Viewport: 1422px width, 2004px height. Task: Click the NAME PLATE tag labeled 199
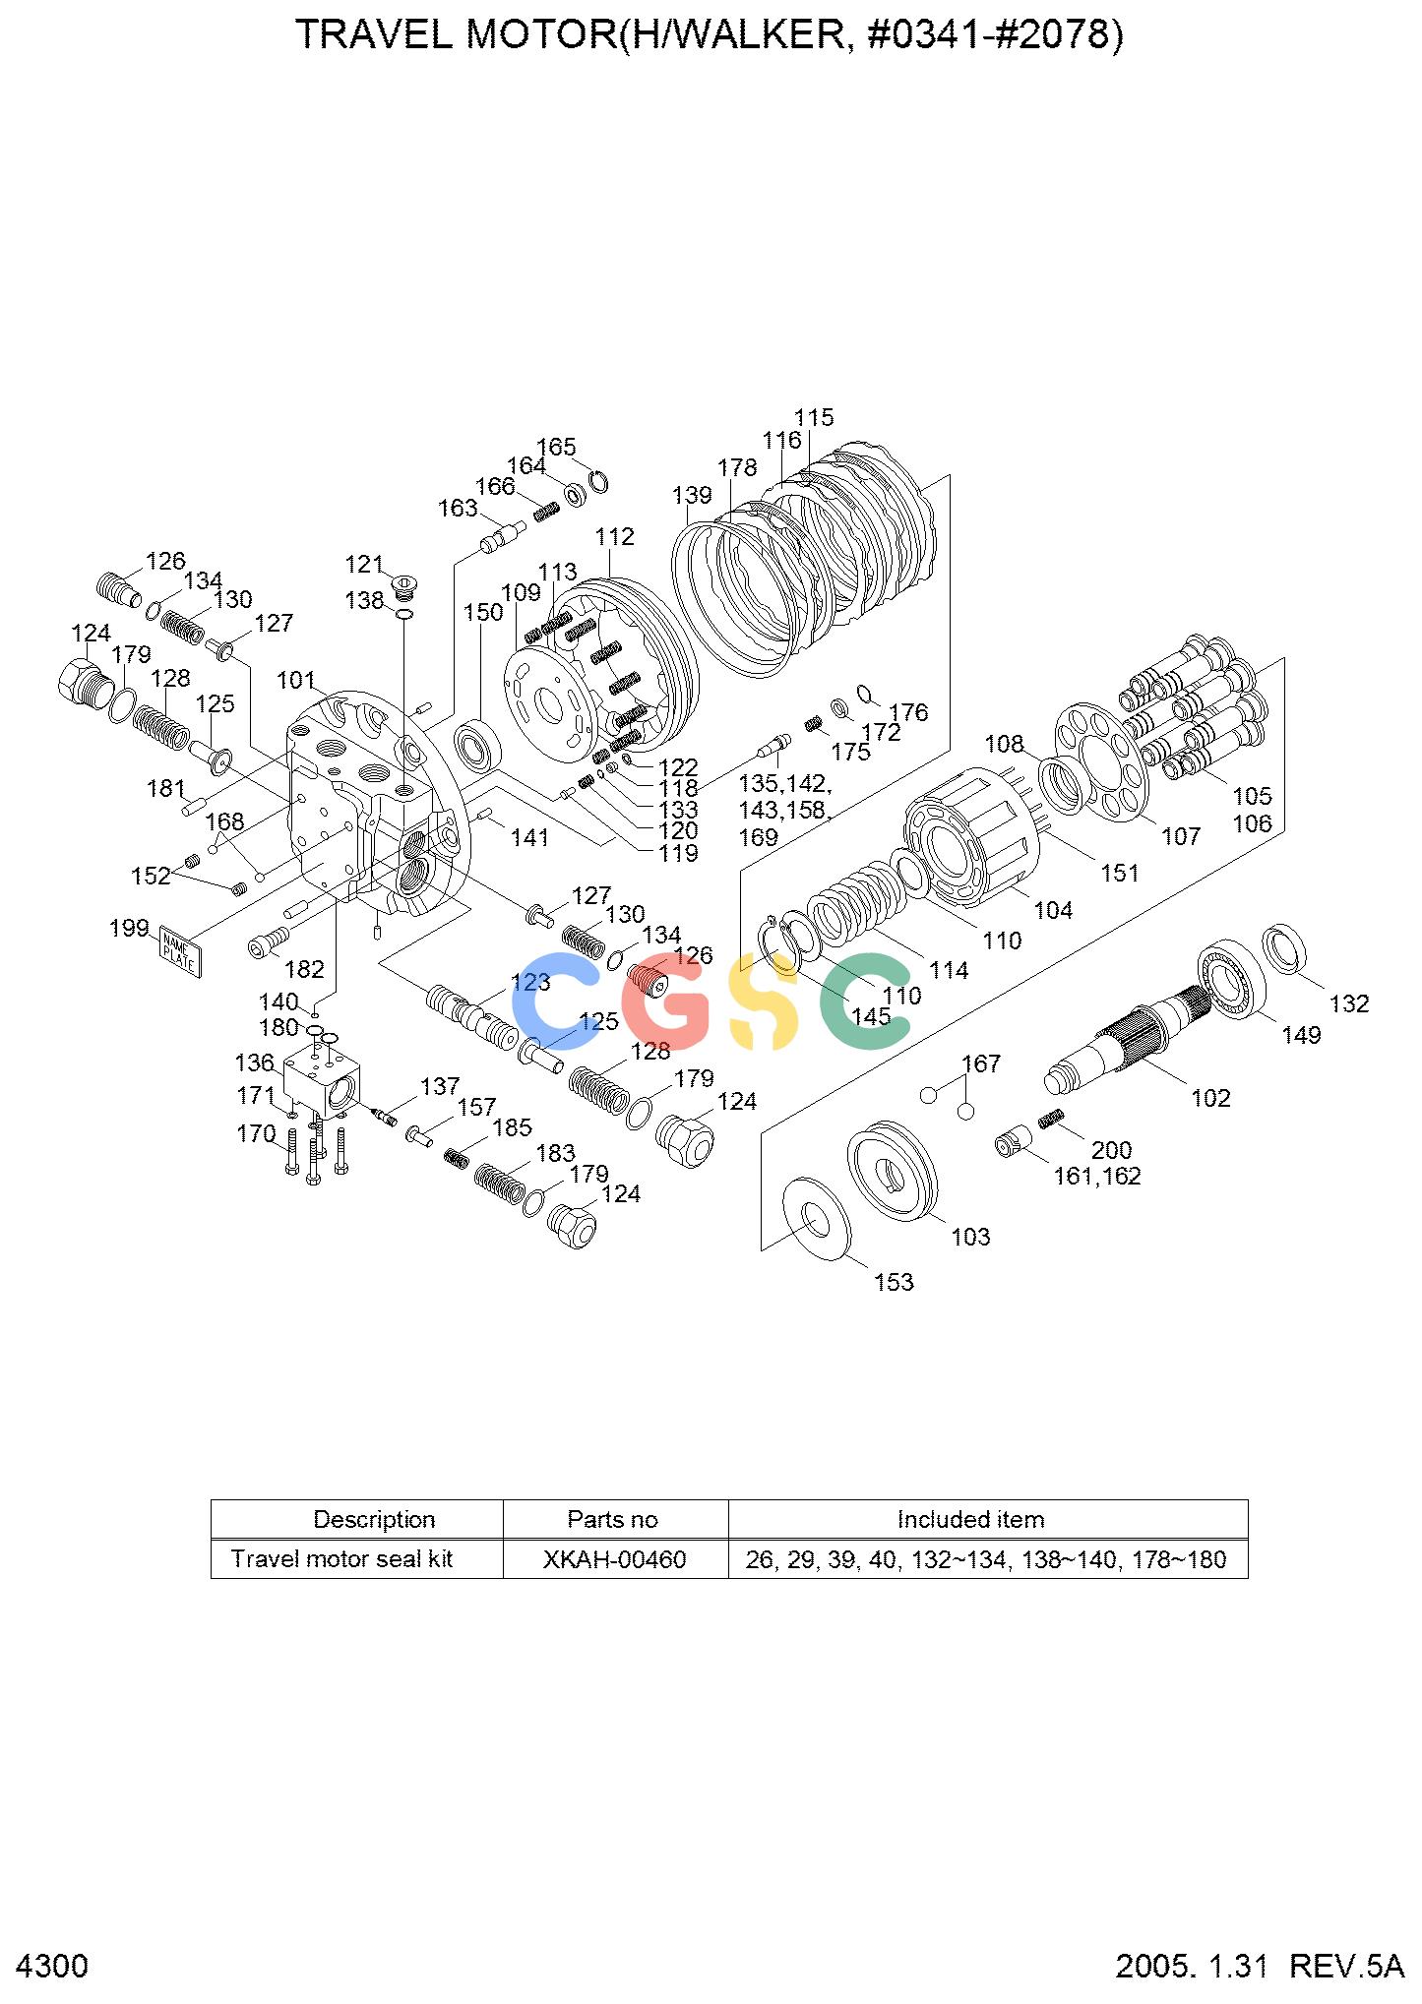[180, 951]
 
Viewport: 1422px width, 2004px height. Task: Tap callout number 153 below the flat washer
[894, 1282]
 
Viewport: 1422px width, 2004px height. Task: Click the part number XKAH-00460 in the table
[614, 1559]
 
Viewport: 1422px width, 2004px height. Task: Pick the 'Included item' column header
[970, 1519]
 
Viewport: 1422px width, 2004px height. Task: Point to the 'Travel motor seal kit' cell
[341, 1559]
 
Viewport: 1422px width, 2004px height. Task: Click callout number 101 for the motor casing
[295, 680]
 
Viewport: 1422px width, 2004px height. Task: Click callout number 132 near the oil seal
[1348, 1003]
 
